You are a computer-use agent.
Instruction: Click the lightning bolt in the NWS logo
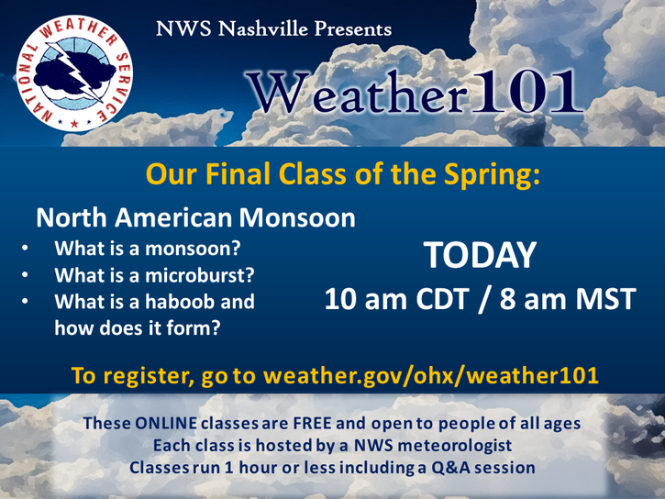click(80, 72)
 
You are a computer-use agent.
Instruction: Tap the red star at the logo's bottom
click(74, 124)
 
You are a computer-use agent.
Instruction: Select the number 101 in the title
click(527, 92)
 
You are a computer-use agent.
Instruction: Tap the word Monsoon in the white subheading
click(297, 217)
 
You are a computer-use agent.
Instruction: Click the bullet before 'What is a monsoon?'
click(25, 248)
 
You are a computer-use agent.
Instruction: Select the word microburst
click(200, 275)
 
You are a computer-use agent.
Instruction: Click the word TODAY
click(480, 255)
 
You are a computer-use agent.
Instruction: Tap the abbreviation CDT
click(442, 299)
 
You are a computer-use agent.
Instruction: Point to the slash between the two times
click(484, 300)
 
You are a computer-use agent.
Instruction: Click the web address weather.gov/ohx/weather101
click(430, 376)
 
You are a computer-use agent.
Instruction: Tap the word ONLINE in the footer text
click(166, 423)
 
